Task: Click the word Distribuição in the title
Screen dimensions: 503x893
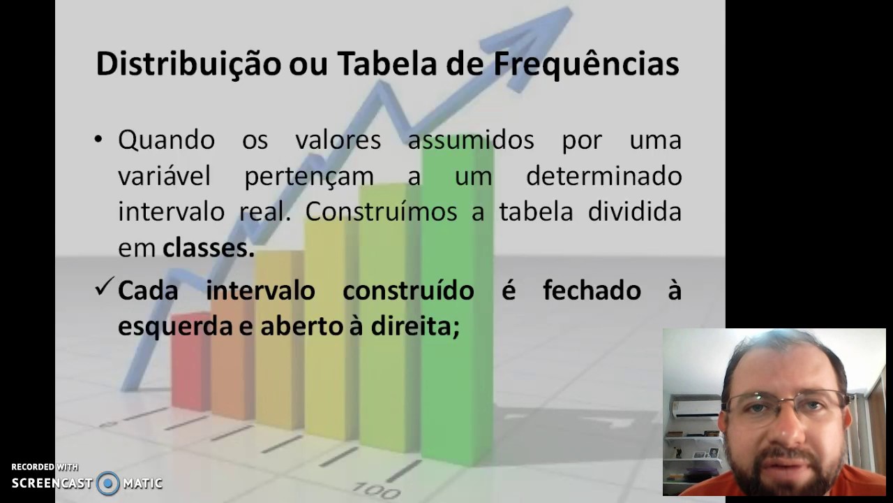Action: [x=186, y=64]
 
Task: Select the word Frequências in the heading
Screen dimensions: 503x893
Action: [x=586, y=64]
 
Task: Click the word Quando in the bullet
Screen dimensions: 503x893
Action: [x=166, y=140]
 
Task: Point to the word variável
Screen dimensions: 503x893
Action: [x=164, y=176]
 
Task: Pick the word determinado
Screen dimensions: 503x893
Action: [x=603, y=176]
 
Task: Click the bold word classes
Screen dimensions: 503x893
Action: [x=208, y=248]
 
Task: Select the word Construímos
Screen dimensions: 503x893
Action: [x=381, y=212]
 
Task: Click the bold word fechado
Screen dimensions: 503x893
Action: [x=592, y=290]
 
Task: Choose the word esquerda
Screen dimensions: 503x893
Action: [x=174, y=326]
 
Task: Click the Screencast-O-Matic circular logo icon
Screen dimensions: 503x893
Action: [x=108, y=483]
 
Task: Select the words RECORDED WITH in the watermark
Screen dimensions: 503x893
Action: [x=45, y=467]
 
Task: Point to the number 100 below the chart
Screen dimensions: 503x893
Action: [x=377, y=488]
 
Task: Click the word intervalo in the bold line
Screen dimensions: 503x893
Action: [x=260, y=290]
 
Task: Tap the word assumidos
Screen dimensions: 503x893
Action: [x=470, y=140]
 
